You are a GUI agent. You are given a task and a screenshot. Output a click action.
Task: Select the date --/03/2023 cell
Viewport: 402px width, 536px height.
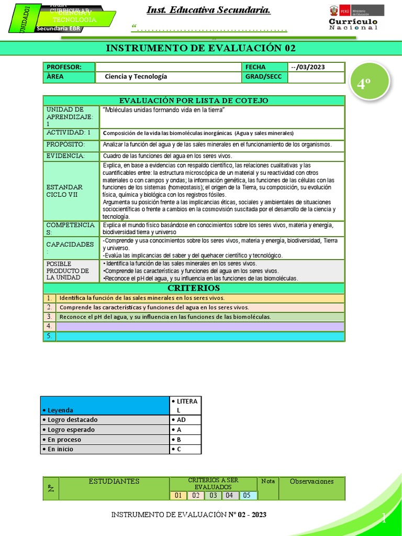point(316,67)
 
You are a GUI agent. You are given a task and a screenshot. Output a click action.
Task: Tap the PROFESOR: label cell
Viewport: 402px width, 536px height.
point(69,67)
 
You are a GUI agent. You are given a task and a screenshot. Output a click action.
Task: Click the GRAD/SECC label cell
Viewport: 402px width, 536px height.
point(264,77)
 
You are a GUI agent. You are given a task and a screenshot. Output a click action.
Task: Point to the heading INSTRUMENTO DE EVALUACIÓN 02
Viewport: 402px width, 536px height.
point(200,49)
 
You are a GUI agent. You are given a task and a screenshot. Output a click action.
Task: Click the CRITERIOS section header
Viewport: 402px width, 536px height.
point(194,288)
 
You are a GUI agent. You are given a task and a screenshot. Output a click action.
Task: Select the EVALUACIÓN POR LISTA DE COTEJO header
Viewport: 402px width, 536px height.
point(194,100)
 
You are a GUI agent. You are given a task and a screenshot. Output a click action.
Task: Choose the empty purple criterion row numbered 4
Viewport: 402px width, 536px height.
point(200,327)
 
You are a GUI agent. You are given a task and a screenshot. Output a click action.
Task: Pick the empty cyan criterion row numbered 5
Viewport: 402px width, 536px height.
point(200,337)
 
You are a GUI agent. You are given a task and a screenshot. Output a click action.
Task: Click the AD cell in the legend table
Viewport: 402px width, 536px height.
point(185,420)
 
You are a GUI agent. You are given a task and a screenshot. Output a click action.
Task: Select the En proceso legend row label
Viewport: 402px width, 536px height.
point(105,440)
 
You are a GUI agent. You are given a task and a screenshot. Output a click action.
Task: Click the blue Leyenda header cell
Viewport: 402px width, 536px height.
point(105,406)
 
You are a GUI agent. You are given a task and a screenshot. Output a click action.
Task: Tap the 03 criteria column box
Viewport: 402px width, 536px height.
point(213,495)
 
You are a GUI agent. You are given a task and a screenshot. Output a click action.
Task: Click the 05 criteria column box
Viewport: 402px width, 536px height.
point(248,495)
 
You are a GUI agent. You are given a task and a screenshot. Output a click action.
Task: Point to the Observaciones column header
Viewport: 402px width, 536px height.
point(311,482)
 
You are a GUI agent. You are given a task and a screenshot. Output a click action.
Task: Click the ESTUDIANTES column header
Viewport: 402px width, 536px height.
point(114,482)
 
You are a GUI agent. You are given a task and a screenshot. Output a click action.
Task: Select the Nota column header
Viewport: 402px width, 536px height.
point(267,481)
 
